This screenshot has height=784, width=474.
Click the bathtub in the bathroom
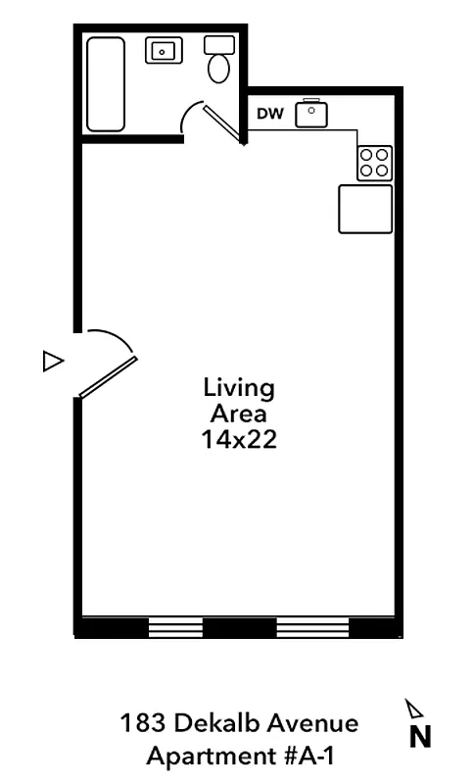[106, 84]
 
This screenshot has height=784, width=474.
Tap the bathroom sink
[164, 50]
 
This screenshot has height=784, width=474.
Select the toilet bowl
[219, 69]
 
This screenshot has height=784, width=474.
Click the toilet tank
[219, 45]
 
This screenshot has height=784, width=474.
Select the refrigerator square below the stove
[364, 209]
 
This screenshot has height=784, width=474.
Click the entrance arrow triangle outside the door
[53, 361]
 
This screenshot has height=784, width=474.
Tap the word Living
[239, 387]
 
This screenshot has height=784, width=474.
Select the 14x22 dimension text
[239, 440]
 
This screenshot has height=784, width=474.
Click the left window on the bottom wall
[175, 627]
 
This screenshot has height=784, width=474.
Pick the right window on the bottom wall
[313, 627]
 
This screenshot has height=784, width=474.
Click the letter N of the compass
[419, 737]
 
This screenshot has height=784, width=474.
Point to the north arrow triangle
[414, 709]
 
